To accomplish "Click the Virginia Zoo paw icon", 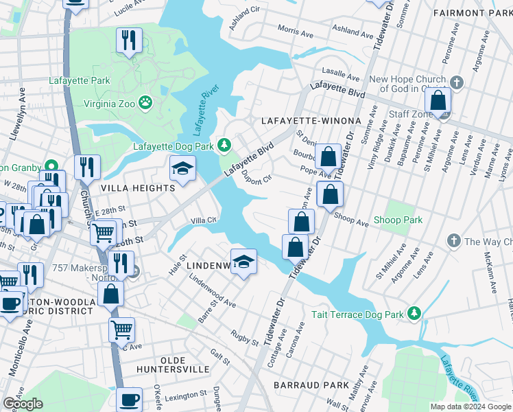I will (145, 104).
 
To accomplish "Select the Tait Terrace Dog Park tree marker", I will (414, 314).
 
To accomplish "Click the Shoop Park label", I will (398, 220).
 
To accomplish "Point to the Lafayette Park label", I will (80, 80).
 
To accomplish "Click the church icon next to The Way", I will (453, 241).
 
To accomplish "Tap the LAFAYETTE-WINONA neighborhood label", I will (311, 121).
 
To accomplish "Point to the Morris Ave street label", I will (296, 30).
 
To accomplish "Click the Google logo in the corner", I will (23, 404).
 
